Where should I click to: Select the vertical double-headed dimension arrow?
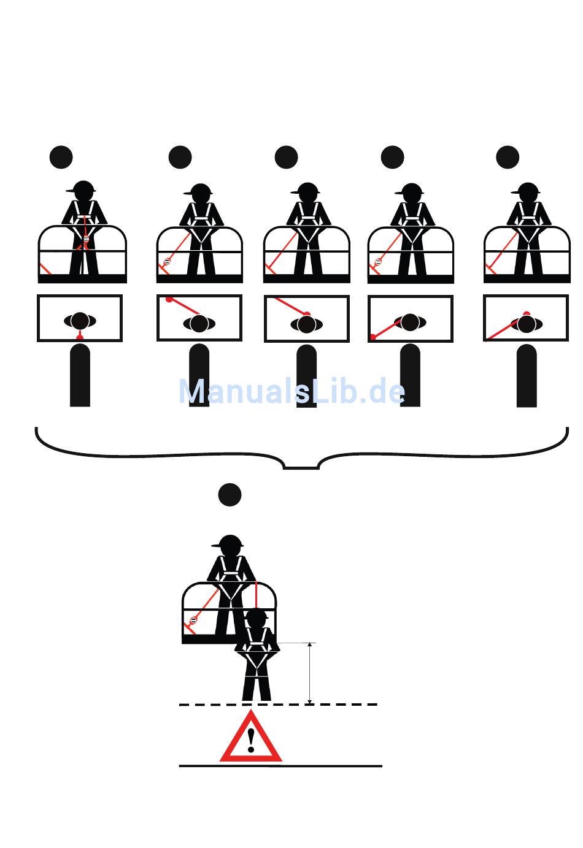point(310,673)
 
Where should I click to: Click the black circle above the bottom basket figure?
point(230,495)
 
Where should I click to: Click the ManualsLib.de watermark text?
point(291,391)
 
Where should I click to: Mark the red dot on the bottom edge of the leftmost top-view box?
point(80,338)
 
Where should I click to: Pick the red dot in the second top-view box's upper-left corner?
point(169,299)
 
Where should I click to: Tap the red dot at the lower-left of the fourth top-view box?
point(373,337)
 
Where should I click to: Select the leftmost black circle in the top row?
point(61,158)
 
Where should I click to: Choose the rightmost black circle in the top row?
point(508,158)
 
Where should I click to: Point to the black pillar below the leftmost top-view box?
point(80,375)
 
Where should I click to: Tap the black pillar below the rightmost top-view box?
point(527,376)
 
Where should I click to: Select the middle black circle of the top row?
point(287,158)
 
